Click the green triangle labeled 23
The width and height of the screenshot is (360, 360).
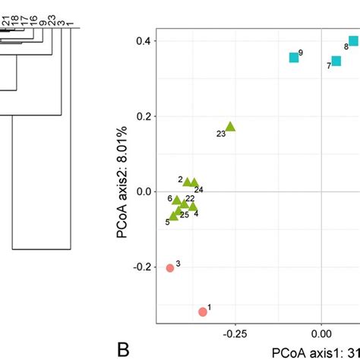tap(230, 127)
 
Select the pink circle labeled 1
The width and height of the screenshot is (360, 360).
tap(203, 311)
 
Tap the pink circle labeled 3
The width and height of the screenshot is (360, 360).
tap(170, 267)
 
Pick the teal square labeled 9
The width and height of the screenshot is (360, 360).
tap(294, 58)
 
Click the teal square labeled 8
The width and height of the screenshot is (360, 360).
tap(354, 41)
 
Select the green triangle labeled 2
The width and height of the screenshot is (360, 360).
tap(187, 182)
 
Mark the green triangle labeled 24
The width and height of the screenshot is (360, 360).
tap(194, 182)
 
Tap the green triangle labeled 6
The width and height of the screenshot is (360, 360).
tap(177, 201)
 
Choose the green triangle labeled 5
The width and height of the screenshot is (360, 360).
tap(174, 216)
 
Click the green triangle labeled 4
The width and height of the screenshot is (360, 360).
tap(193, 207)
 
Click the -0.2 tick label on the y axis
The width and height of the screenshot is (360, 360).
tap(142, 267)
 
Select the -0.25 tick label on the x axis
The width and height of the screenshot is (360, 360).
tap(235, 332)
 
